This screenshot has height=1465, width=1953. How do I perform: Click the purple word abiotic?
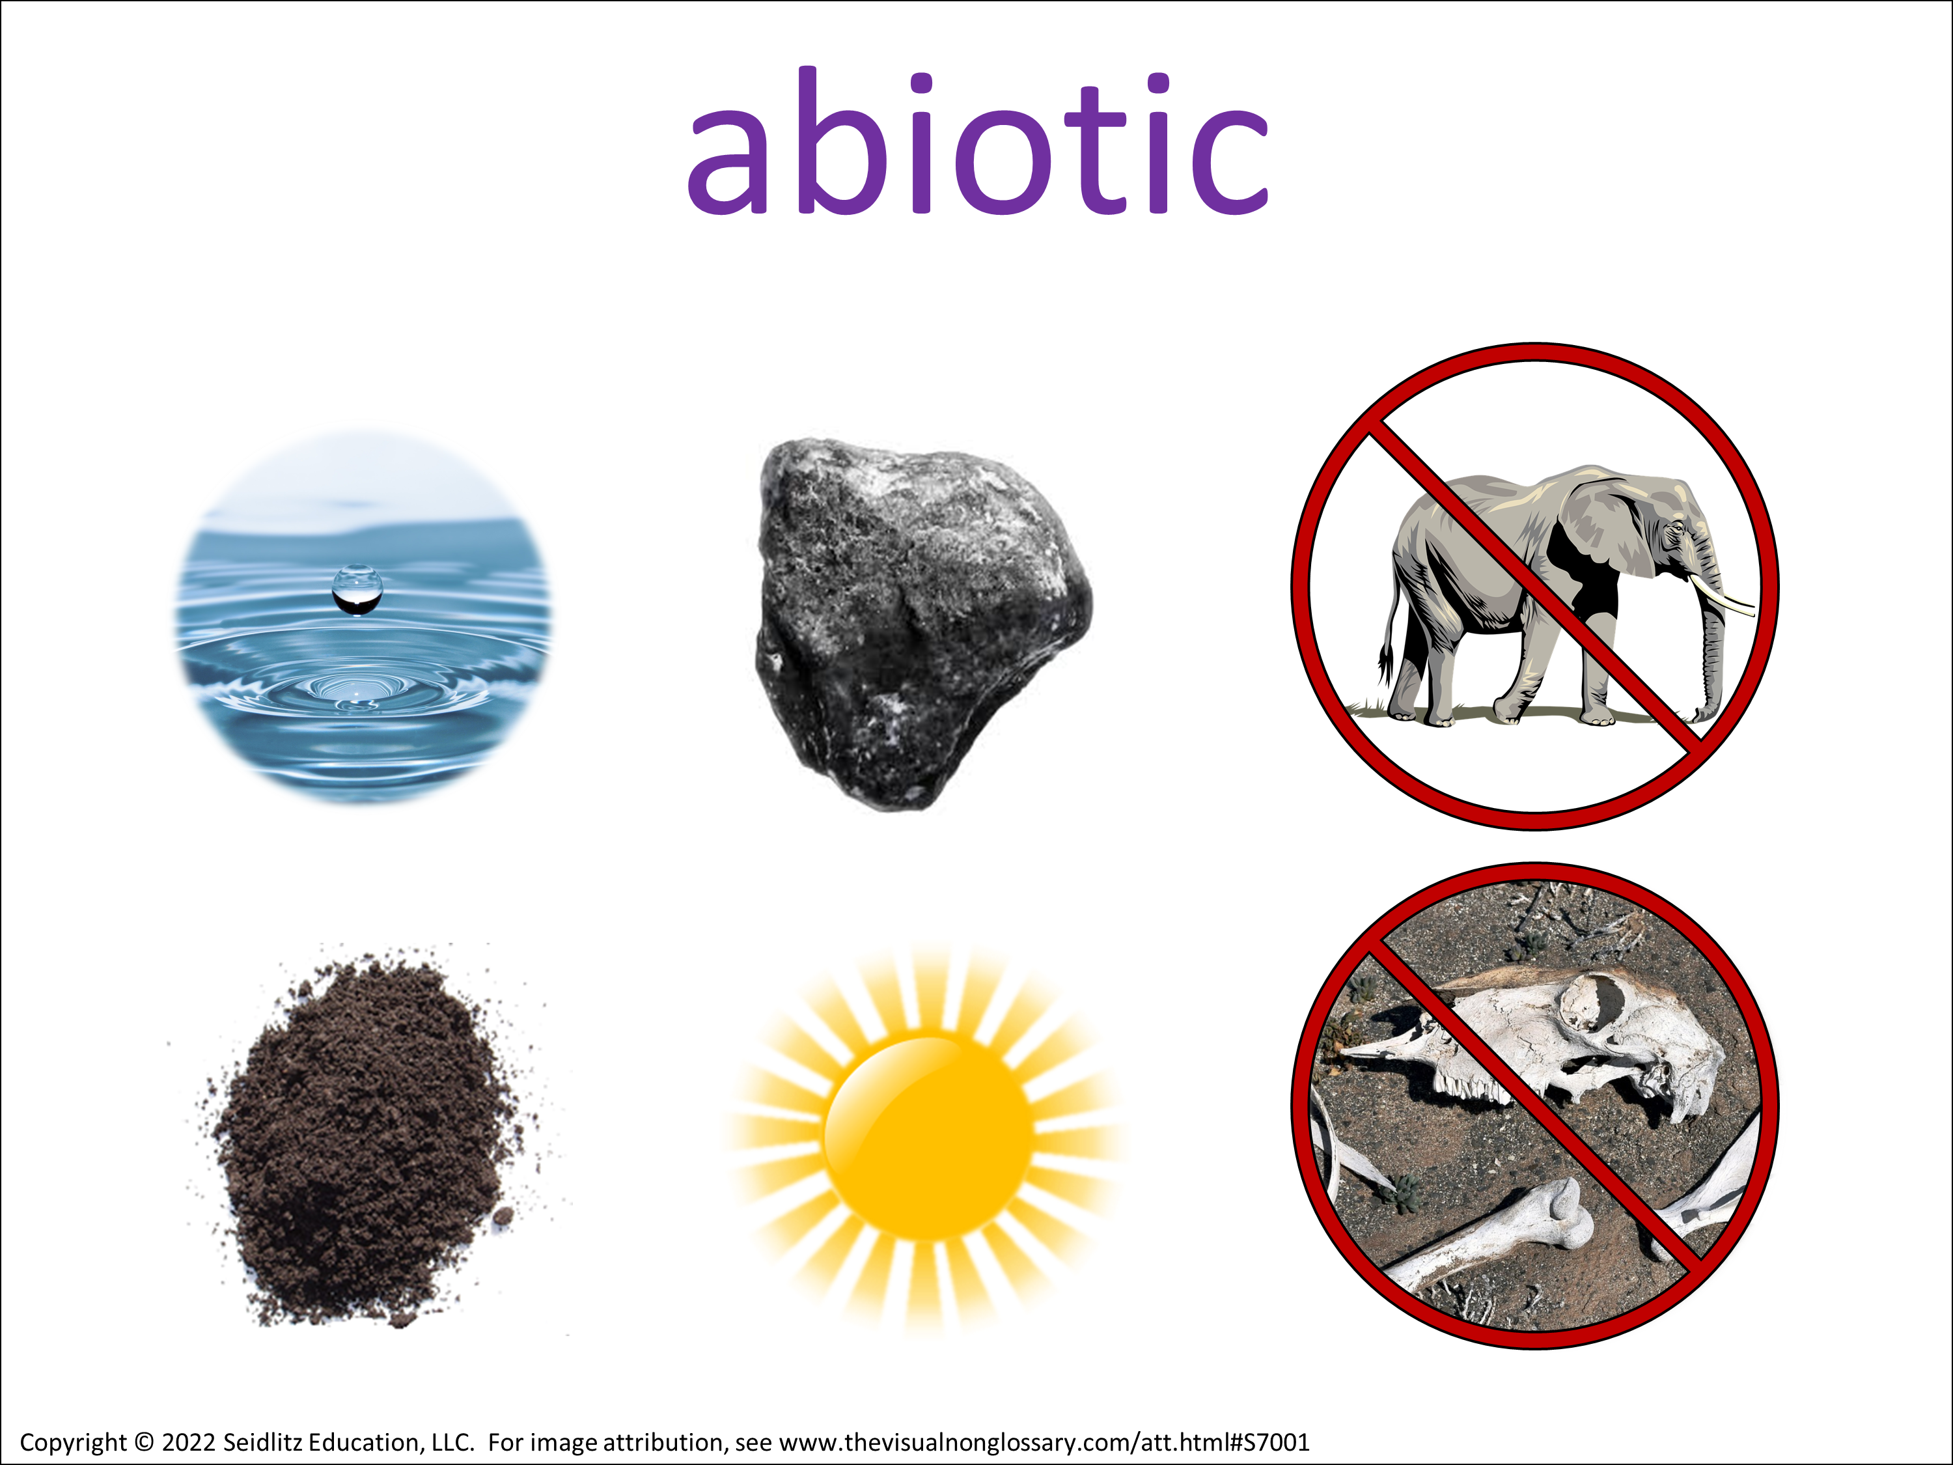tap(977, 141)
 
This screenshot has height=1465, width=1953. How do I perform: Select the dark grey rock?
tap(922, 622)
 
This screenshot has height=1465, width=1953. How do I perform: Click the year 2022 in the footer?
tap(188, 1442)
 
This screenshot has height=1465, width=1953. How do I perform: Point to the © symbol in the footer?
tap(144, 1443)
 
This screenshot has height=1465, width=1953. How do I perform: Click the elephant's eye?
tap(1675, 527)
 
